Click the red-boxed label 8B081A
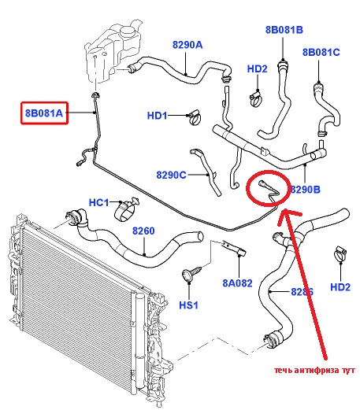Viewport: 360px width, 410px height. [x=44, y=113]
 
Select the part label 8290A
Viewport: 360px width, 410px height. [x=187, y=45]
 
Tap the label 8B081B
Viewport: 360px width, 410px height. [x=284, y=30]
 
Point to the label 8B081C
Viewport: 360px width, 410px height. [x=321, y=52]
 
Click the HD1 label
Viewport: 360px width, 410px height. [x=157, y=116]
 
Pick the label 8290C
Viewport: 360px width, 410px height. [x=171, y=175]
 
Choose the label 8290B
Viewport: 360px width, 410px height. [x=306, y=190]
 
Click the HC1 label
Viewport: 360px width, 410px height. [x=98, y=202]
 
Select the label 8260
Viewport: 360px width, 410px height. [x=143, y=231]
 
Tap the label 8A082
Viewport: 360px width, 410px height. [x=237, y=283]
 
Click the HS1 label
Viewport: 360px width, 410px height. [x=188, y=305]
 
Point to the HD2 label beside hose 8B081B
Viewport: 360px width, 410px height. [x=257, y=68]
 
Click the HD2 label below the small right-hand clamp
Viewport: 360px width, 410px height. [x=340, y=287]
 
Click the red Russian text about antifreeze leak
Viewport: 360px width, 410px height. [x=314, y=371]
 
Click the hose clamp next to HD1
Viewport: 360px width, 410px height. [x=195, y=117]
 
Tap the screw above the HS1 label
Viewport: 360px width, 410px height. [x=191, y=274]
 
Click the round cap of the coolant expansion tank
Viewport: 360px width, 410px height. [x=128, y=32]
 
